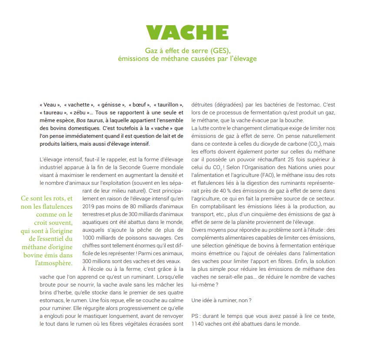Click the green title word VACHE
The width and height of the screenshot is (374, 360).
click(187, 33)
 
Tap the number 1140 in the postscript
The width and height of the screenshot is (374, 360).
click(199, 324)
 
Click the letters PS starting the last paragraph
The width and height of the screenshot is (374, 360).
click(195, 316)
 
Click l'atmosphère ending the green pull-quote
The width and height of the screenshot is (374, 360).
click(54, 263)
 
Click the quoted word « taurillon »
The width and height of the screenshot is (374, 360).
click(167, 105)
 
